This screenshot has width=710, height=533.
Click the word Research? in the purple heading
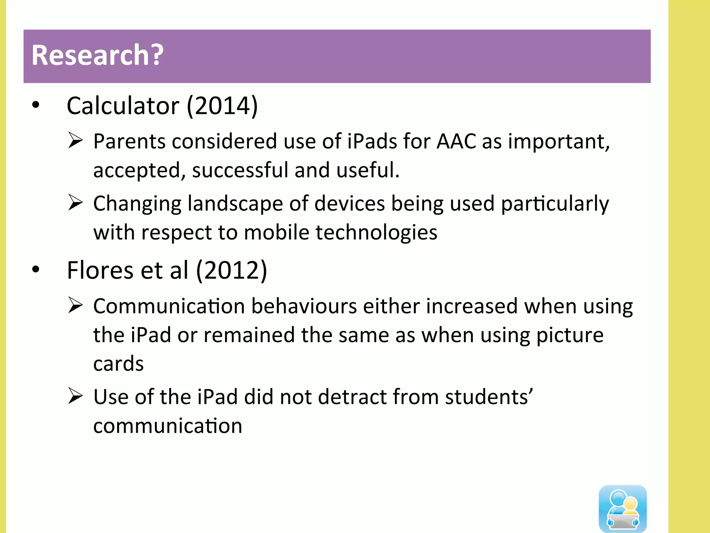pos(97,55)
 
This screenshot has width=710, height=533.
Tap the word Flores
pos(100,270)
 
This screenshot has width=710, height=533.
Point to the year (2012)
pos(232,270)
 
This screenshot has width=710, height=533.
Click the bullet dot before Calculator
pos(36,105)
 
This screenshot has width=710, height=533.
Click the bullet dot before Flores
pos(36,269)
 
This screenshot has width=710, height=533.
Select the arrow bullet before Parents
pos(75,141)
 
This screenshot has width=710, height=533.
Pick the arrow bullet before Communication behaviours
pos(75,305)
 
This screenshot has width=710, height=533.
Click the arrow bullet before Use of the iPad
pos(75,396)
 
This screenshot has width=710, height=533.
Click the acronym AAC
pos(456,142)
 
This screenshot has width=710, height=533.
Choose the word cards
pos(119,364)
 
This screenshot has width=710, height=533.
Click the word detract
pos(352,397)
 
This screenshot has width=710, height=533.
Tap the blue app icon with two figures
pos(623,508)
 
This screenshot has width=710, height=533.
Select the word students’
pos(489,397)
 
